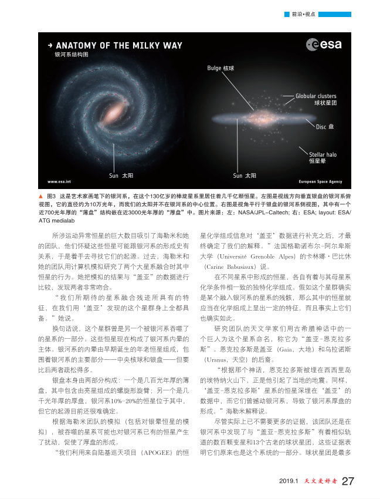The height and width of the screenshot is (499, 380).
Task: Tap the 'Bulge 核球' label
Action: click(x=220, y=68)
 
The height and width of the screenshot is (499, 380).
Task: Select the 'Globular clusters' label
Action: click(x=315, y=96)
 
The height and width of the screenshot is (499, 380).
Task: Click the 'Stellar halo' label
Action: click(x=323, y=155)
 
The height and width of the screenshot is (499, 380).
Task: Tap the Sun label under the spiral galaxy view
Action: click(x=122, y=176)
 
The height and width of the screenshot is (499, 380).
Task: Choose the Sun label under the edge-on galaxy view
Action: click(x=245, y=176)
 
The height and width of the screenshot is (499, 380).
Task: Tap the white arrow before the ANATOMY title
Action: click(x=50, y=45)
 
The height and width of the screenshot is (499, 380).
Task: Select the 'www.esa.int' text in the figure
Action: click(x=59, y=181)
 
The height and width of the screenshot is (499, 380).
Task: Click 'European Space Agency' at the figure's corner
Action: click(x=321, y=181)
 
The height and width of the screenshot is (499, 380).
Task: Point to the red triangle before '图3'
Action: click(x=40, y=194)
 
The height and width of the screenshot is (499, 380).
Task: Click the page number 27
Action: click(x=348, y=482)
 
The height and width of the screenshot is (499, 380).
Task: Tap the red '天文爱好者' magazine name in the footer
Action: click(x=320, y=482)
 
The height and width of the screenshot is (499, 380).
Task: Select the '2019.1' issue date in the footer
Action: click(x=289, y=482)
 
